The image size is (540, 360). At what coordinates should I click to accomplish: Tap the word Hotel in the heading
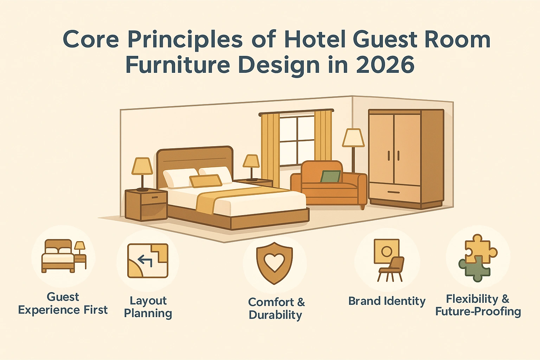point(315,39)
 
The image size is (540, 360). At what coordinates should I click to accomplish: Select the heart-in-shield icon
point(275,263)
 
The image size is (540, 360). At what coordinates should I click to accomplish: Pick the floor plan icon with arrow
point(148,261)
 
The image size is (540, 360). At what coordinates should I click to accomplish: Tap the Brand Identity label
point(387,301)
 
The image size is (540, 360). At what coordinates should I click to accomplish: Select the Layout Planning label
point(148,307)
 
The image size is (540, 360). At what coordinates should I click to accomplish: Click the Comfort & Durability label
point(276,308)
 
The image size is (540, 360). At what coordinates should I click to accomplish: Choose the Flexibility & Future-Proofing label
point(478,305)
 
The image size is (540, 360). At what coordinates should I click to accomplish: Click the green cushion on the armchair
point(330,176)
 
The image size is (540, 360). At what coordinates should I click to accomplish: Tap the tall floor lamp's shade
point(353,137)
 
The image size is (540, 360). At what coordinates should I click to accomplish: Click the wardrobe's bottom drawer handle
point(393,192)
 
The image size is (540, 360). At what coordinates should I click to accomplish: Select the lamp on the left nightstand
point(142,167)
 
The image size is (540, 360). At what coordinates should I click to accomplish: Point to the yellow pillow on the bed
point(206,181)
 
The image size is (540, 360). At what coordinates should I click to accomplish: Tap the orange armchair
point(329,186)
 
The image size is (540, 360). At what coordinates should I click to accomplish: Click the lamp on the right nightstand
point(251,162)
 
